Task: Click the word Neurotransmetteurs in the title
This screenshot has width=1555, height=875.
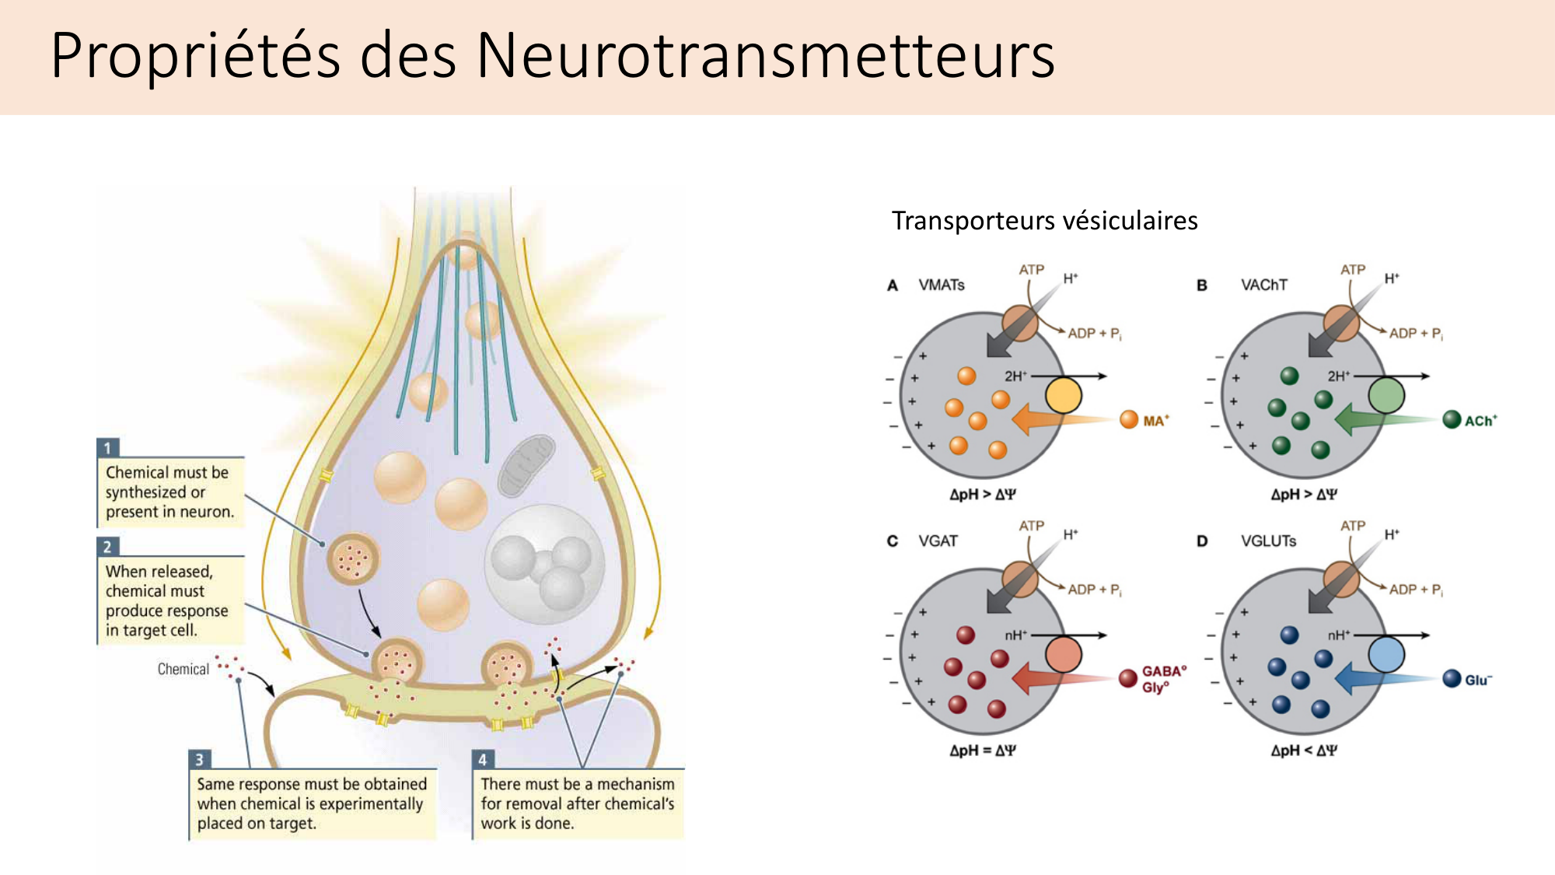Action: coord(765,56)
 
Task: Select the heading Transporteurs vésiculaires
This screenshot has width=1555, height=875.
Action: coord(1044,221)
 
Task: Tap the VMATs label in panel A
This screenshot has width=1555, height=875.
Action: coord(941,285)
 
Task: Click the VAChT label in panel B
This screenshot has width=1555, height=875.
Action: coord(1263,285)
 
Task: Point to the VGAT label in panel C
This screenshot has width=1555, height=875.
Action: coord(938,541)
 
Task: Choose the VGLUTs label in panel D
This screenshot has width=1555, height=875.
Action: coord(1268,541)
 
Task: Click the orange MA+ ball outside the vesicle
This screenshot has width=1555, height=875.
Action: coord(1129,420)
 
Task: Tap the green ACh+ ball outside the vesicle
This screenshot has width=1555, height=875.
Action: coord(1452,420)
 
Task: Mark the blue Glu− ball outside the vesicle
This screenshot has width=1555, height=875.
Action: coord(1452,678)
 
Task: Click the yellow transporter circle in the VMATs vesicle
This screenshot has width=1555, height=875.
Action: coord(1064,395)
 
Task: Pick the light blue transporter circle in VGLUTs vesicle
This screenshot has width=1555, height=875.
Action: coord(1386,654)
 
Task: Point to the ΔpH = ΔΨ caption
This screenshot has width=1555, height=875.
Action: coord(983,751)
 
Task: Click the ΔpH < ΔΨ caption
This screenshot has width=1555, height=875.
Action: coord(1304,751)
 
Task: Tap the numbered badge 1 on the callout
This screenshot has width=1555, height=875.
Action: coord(108,447)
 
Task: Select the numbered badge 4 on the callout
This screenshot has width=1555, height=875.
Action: coord(483,759)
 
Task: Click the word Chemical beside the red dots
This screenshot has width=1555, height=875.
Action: coord(183,669)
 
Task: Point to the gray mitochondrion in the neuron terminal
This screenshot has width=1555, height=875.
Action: coord(526,464)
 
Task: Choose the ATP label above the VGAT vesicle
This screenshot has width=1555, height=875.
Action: coord(1031,526)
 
